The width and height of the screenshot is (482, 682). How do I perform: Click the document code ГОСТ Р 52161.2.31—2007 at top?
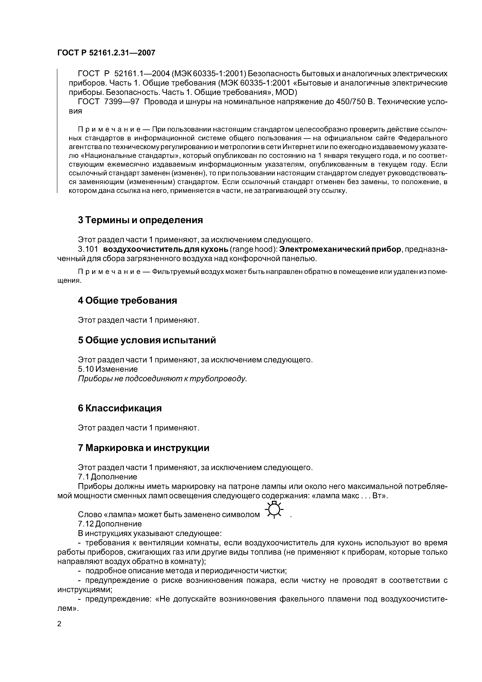106,53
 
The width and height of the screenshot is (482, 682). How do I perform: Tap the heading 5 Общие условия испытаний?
147,340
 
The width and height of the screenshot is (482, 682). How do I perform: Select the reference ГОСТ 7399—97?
108,102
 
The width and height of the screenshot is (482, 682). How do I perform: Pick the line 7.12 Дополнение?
110,524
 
